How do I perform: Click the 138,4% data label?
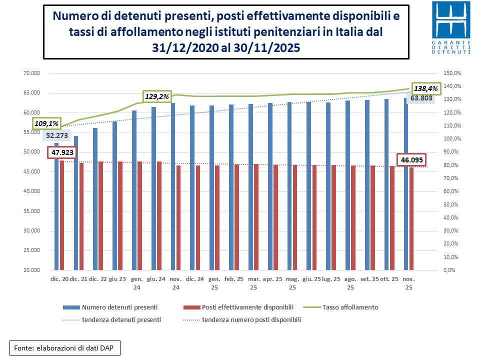coord(425,88)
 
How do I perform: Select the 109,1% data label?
coord(47,123)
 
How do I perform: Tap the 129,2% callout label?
coord(157,96)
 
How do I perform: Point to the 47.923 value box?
coord(62,151)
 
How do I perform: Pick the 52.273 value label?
coord(57,135)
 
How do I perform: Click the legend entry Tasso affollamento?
coord(350,307)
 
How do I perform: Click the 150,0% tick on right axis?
coord(451,73)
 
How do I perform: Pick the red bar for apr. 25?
coord(275,217)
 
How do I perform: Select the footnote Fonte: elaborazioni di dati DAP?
coord(65,347)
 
